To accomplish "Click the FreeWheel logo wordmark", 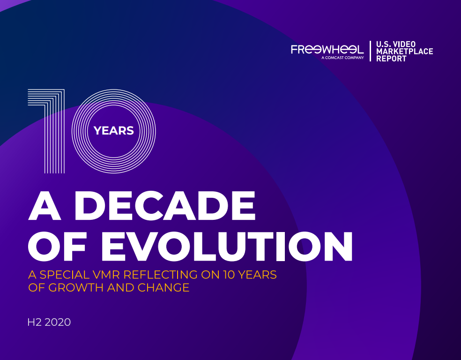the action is click(327, 49).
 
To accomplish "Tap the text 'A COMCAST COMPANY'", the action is click(342, 58).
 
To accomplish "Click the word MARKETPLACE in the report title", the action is click(405, 52).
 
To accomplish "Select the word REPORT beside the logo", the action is click(391, 59).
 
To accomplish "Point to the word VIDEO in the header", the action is click(404, 44).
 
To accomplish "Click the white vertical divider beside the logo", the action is click(370, 51).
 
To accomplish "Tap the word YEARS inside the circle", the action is click(114, 131).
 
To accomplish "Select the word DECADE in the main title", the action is click(164, 206).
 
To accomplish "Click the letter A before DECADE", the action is click(45, 206).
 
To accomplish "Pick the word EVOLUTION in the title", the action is click(226, 247).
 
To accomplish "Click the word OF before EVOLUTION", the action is click(57, 247).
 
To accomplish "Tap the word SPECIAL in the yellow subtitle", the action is click(65, 275).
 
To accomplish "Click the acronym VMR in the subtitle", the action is click(106, 275).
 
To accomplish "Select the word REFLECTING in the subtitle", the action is click(161, 275).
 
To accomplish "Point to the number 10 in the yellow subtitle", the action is click(229, 275).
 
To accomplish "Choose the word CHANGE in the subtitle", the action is click(164, 288).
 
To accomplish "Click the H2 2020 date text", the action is click(49, 322).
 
